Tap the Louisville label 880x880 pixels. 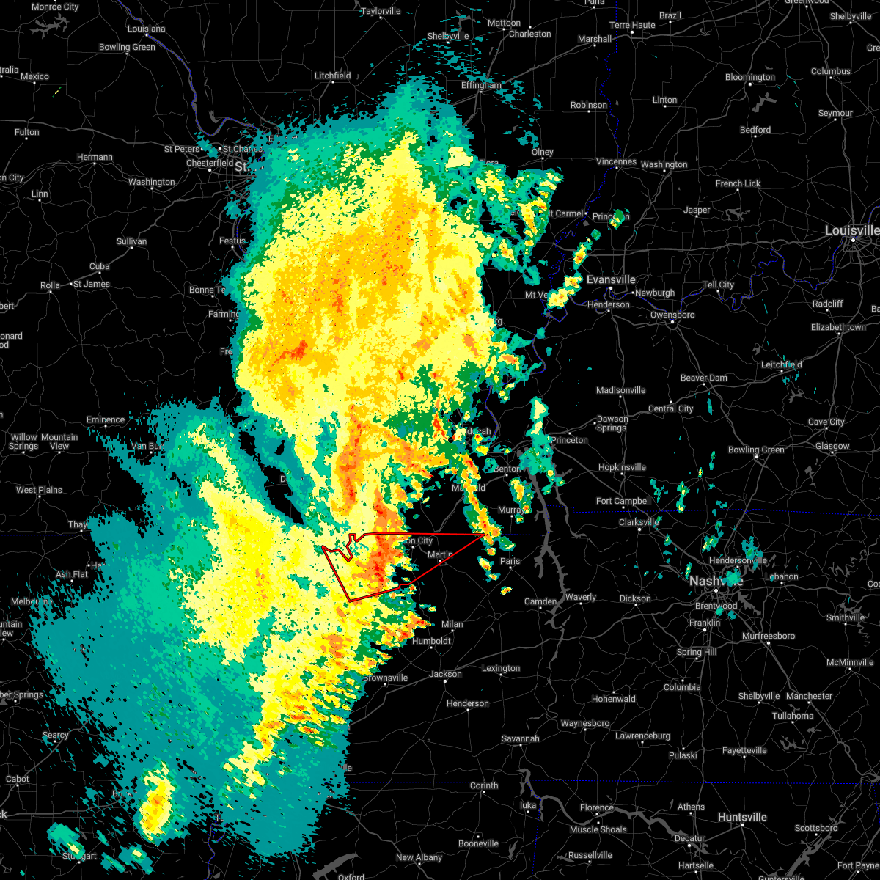[x=851, y=230]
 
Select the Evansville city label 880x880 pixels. [x=611, y=279]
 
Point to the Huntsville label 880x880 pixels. [x=742, y=817]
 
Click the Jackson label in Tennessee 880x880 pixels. [x=445, y=674]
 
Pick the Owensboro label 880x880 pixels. [x=672, y=315]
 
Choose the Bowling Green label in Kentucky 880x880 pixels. [x=756, y=450]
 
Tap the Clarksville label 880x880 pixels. [x=639, y=522]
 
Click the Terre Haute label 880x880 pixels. [x=632, y=25]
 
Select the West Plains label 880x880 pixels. [x=39, y=490]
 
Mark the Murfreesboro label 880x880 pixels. [x=769, y=636]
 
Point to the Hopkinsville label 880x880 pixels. [x=622, y=467]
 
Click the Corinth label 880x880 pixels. [x=484, y=785]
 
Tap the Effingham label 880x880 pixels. [x=481, y=85]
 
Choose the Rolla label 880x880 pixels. [x=50, y=285]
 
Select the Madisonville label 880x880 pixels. [x=620, y=390]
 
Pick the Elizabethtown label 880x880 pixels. [x=838, y=327]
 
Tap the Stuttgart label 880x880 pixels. [x=78, y=856]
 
